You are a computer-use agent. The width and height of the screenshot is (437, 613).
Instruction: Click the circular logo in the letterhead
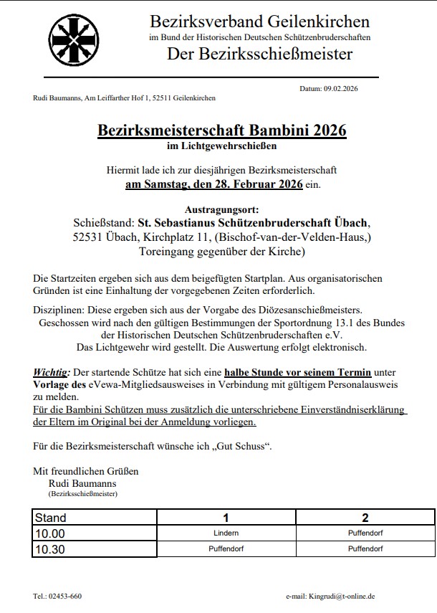pyautogui.click(x=69, y=41)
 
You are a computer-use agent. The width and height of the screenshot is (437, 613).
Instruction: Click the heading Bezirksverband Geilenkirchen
pyautogui.click(x=259, y=22)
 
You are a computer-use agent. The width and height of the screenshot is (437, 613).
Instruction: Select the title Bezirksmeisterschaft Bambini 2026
pyautogui.click(x=221, y=130)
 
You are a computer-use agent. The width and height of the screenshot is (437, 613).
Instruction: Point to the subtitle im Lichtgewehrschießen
pyautogui.click(x=221, y=146)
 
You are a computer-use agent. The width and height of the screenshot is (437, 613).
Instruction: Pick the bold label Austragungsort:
pyautogui.click(x=221, y=209)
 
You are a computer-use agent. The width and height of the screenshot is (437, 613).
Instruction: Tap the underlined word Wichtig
pyautogui.click(x=50, y=373)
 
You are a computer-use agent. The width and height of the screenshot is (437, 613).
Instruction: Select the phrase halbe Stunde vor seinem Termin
pyautogui.click(x=297, y=373)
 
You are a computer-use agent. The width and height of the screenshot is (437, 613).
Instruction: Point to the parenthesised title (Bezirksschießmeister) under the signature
pyautogui.click(x=82, y=494)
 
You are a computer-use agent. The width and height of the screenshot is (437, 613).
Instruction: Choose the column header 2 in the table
pyautogui.click(x=365, y=518)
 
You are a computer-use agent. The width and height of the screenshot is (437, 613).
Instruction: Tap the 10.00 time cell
pyautogui.click(x=50, y=533)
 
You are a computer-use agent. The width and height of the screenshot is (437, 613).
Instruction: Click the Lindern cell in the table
pyautogui.click(x=226, y=533)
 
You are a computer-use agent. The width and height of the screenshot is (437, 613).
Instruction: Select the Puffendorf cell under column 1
pyautogui.click(x=226, y=549)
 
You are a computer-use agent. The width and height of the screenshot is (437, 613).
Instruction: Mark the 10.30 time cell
pyautogui.click(x=50, y=549)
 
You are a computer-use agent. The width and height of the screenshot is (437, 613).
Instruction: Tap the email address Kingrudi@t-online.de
pyautogui.click(x=342, y=596)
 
